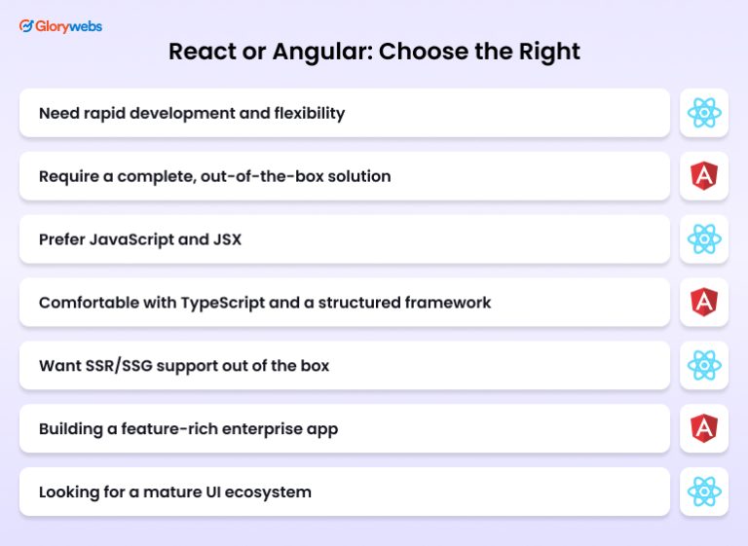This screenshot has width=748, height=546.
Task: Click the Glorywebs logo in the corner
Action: [x=60, y=26]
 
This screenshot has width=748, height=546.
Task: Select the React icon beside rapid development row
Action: [x=703, y=113]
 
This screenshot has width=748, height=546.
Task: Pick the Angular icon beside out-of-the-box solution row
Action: [x=703, y=176]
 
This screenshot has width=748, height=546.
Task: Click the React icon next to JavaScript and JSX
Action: [x=703, y=239]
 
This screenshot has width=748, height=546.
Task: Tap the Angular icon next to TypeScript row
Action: [x=703, y=303]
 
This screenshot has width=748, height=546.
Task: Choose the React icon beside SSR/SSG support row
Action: [x=703, y=365]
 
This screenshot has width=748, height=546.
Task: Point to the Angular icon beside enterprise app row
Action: [x=703, y=428]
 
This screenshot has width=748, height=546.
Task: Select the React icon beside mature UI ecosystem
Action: [x=703, y=491]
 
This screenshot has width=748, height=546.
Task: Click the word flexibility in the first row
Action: [x=310, y=113]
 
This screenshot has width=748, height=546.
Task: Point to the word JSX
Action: [x=226, y=239]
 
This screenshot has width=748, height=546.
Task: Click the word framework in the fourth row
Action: [x=449, y=303]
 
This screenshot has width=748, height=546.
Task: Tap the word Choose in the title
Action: [x=417, y=52]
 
